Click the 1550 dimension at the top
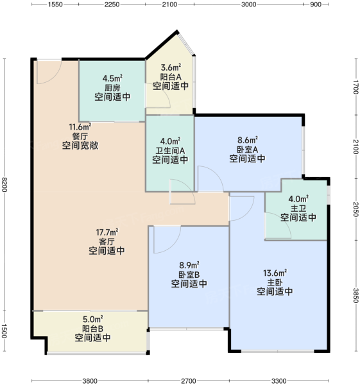55,4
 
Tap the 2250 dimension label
112,4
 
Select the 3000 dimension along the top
248,4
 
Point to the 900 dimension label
316,4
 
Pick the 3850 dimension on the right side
356,295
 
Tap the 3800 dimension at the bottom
90,381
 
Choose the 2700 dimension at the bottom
189,381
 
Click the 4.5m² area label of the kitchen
112,78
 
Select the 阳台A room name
171,77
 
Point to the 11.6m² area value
80,127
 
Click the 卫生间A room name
170,150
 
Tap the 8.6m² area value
248,140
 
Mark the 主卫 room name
298,209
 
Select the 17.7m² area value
107,232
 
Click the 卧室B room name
189,274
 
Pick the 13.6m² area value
275,273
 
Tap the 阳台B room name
92,329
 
